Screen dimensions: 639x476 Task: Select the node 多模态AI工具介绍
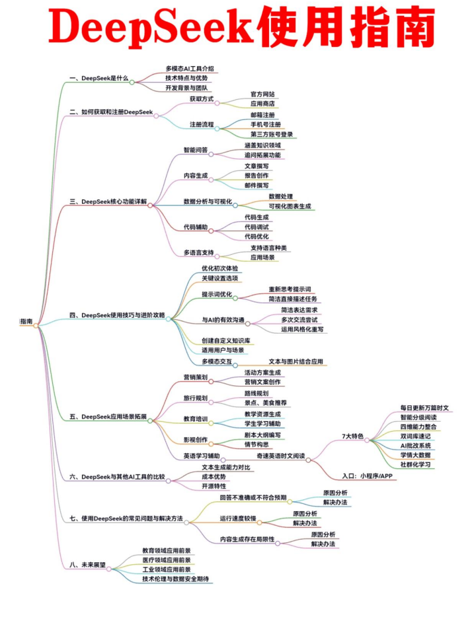(x=190, y=68)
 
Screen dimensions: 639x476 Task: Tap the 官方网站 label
(x=262, y=94)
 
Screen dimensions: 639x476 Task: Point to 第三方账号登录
(x=271, y=134)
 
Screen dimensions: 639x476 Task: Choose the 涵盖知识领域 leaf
(x=262, y=145)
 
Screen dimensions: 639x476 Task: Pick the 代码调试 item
(x=257, y=226)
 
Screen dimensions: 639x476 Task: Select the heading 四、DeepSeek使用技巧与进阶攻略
(x=117, y=315)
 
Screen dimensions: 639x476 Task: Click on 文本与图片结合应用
(x=296, y=362)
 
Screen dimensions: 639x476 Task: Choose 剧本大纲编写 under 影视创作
(x=262, y=435)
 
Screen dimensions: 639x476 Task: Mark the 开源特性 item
(x=216, y=486)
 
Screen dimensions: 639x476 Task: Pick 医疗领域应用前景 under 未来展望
(x=167, y=560)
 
